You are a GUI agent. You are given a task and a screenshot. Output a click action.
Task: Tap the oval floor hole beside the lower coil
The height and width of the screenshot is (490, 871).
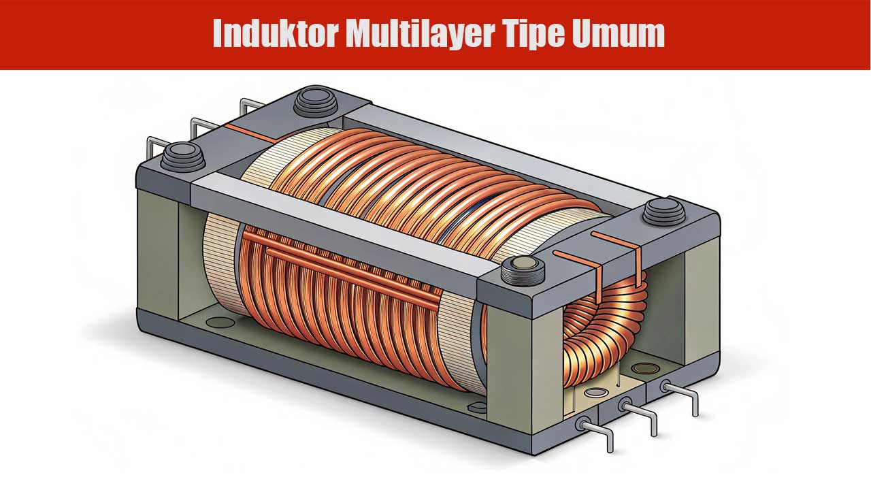pyautogui.click(x=219, y=321)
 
